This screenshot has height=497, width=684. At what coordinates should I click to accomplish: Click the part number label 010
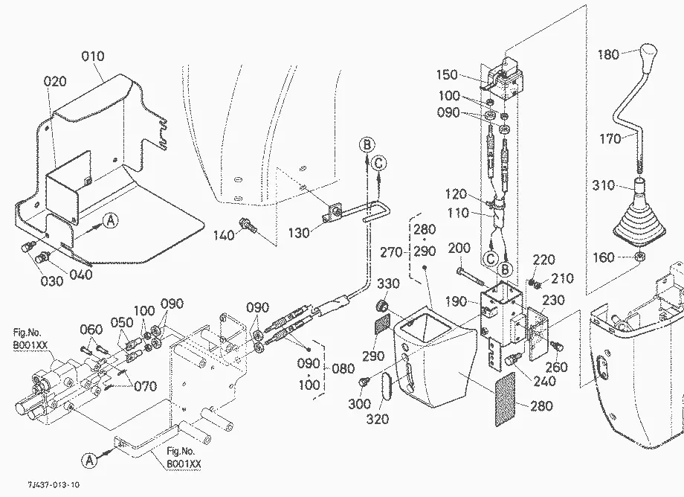coord(93,57)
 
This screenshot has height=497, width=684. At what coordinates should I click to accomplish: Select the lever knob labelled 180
coord(648,54)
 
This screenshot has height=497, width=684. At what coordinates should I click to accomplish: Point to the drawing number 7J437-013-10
coord(54,484)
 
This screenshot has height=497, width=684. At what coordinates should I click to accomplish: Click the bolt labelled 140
coord(248,225)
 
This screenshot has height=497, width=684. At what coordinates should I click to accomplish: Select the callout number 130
coord(299,233)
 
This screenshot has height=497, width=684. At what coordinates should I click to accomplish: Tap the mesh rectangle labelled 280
coord(505,400)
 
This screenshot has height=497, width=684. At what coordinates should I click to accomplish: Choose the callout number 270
coord(391,252)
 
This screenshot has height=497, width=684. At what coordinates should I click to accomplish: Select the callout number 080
coord(343,369)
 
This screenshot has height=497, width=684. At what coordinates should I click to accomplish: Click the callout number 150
coord(447,74)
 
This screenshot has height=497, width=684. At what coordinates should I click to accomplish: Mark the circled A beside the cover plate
coord(111,220)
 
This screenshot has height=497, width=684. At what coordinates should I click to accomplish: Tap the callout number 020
coord(56,82)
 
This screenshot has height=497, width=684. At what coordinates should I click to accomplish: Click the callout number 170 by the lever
coord(610,139)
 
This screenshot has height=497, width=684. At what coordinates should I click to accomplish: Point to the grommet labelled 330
coord(383,307)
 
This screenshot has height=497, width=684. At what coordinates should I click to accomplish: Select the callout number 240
coord(545,382)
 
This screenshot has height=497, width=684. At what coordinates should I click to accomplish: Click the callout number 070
coord(145,387)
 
